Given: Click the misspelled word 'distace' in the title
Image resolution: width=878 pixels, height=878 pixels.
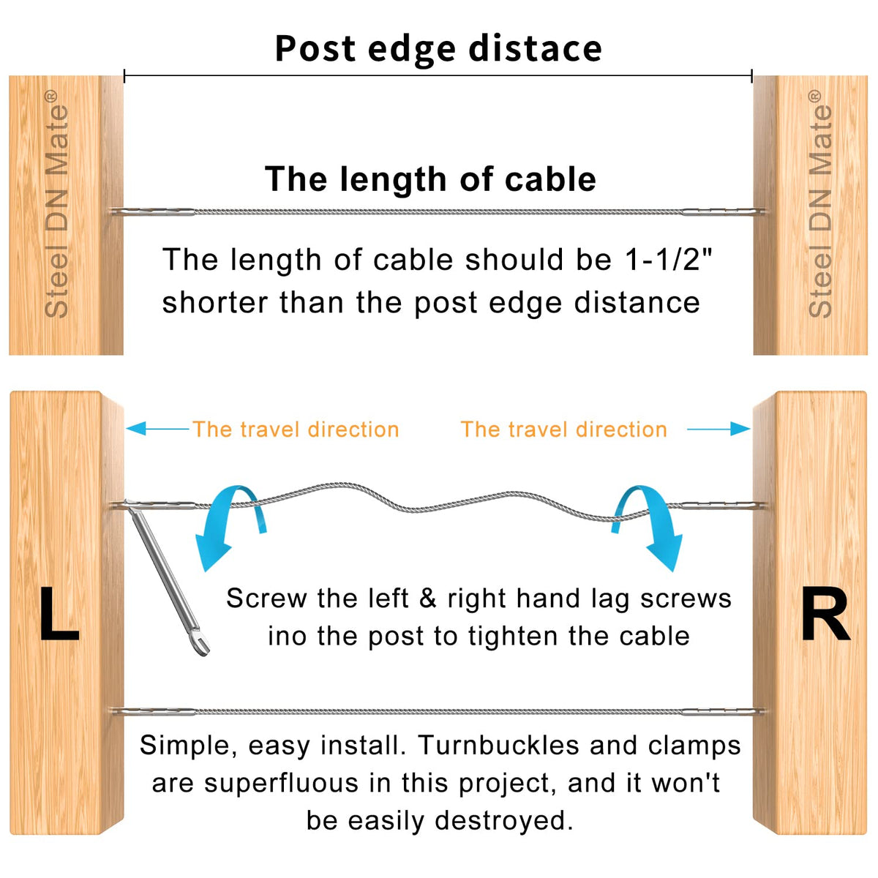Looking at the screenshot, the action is pyautogui.click(x=535, y=49).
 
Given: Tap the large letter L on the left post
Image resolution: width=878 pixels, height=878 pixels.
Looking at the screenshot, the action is pyautogui.click(x=59, y=614).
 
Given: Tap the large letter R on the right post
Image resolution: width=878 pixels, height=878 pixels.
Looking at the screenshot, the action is pyautogui.click(x=825, y=614).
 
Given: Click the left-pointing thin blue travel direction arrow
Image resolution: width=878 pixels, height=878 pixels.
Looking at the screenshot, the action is pyautogui.click(x=157, y=428).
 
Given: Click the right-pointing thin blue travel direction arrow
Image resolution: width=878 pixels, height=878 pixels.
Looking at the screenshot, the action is pyautogui.click(x=718, y=428).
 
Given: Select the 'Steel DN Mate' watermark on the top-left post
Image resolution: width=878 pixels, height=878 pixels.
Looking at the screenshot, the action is pyautogui.click(x=56, y=203).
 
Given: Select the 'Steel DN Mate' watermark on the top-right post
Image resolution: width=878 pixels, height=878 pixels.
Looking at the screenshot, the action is pyautogui.click(x=820, y=203).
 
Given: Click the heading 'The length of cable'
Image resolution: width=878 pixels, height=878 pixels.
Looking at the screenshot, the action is pyautogui.click(x=430, y=179).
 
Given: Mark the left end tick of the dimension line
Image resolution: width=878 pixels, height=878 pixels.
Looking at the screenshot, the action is pyautogui.click(x=124, y=75).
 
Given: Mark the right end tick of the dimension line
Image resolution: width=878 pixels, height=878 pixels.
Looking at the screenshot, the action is pyautogui.click(x=752, y=75).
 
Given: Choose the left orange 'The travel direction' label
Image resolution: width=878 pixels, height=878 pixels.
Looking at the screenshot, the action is pyautogui.click(x=296, y=429).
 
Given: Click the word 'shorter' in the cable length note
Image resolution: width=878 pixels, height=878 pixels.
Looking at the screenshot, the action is pyautogui.click(x=216, y=302).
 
